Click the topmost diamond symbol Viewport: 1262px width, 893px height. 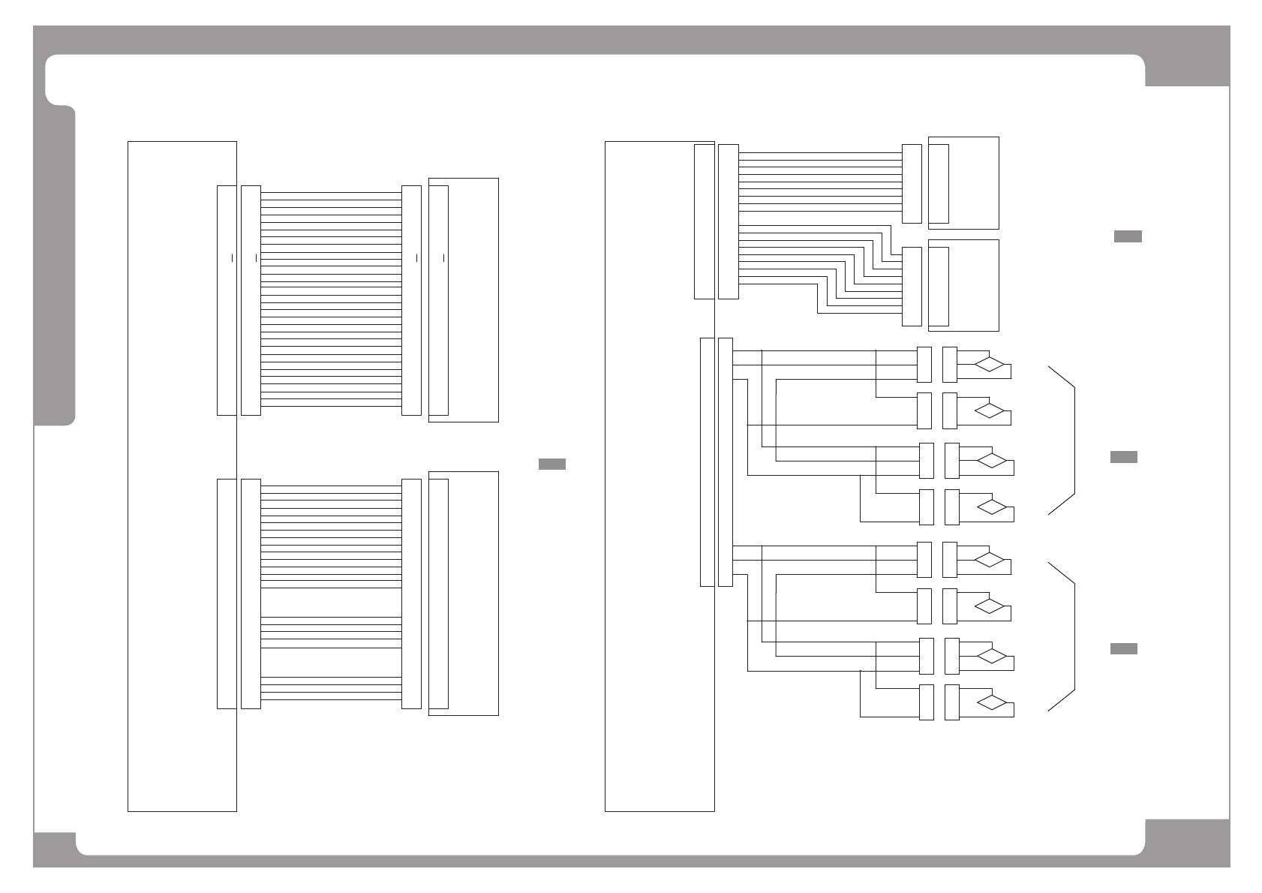[989, 365]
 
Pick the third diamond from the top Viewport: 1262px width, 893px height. [992, 460]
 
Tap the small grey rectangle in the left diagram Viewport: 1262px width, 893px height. [551, 464]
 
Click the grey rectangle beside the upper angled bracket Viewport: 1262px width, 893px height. [1123, 457]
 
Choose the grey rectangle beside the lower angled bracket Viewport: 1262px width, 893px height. [1123, 648]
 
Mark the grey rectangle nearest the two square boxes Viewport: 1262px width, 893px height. [1127, 236]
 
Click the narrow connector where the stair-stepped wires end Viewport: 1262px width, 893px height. [911, 287]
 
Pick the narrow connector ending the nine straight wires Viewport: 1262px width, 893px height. [911, 184]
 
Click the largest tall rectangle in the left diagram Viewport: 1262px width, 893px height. [182, 476]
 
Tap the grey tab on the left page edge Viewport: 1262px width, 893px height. [56, 266]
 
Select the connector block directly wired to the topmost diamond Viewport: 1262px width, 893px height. [949, 364]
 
